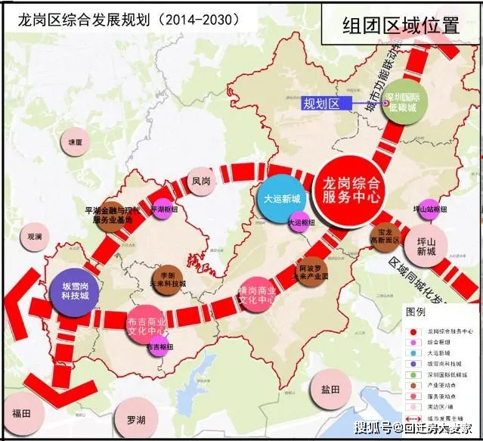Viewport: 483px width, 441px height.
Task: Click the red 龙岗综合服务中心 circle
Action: (x=349, y=191)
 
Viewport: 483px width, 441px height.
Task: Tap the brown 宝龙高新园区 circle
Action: (x=387, y=238)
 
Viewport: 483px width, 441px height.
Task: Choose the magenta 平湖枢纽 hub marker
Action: (x=163, y=210)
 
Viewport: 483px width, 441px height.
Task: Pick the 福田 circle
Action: (x=20, y=413)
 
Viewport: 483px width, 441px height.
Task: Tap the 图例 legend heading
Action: (x=416, y=312)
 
